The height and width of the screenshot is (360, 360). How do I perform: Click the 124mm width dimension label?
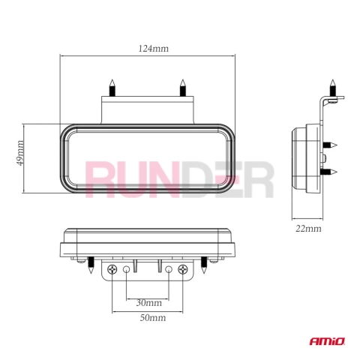154,48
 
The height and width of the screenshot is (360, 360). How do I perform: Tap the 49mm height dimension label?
19,153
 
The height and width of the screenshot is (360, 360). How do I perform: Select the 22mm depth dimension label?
308,229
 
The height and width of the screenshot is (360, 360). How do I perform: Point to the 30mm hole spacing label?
149,303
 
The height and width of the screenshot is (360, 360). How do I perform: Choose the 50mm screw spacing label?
153,318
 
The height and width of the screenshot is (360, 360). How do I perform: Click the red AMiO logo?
327,341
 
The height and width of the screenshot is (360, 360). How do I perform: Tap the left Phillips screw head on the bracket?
112,269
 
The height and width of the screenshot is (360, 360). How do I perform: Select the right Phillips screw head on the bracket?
183,269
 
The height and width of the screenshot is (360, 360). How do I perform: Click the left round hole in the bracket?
126,269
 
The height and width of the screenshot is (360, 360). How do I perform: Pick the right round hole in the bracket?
169,269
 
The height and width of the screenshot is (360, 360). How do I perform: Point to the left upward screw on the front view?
112,88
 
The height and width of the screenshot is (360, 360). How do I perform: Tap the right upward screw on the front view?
183,88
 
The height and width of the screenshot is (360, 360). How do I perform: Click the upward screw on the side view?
332,88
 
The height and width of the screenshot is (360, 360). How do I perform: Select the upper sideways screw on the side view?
330,145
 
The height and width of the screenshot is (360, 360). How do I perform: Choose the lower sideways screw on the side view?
330,172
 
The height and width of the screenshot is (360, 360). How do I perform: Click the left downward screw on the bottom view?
91,265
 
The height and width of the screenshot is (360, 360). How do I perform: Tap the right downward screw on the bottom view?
204,265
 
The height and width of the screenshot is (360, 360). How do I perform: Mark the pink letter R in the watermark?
100,179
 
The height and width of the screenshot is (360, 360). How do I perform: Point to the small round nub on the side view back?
324,158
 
